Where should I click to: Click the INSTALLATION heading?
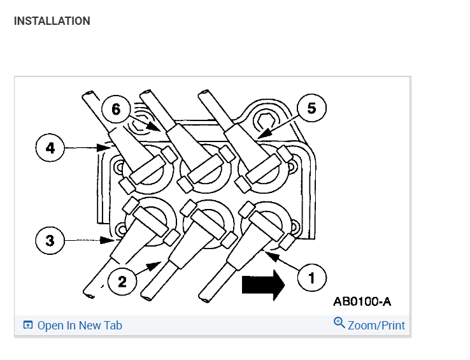(52, 21)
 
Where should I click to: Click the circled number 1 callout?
(311, 277)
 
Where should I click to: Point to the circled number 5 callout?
(311, 108)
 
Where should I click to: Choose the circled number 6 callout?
(115, 109)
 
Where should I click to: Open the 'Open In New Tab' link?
(79, 325)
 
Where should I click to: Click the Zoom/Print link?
(376, 325)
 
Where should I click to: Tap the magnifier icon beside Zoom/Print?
(339, 324)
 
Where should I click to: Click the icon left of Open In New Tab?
(27, 325)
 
